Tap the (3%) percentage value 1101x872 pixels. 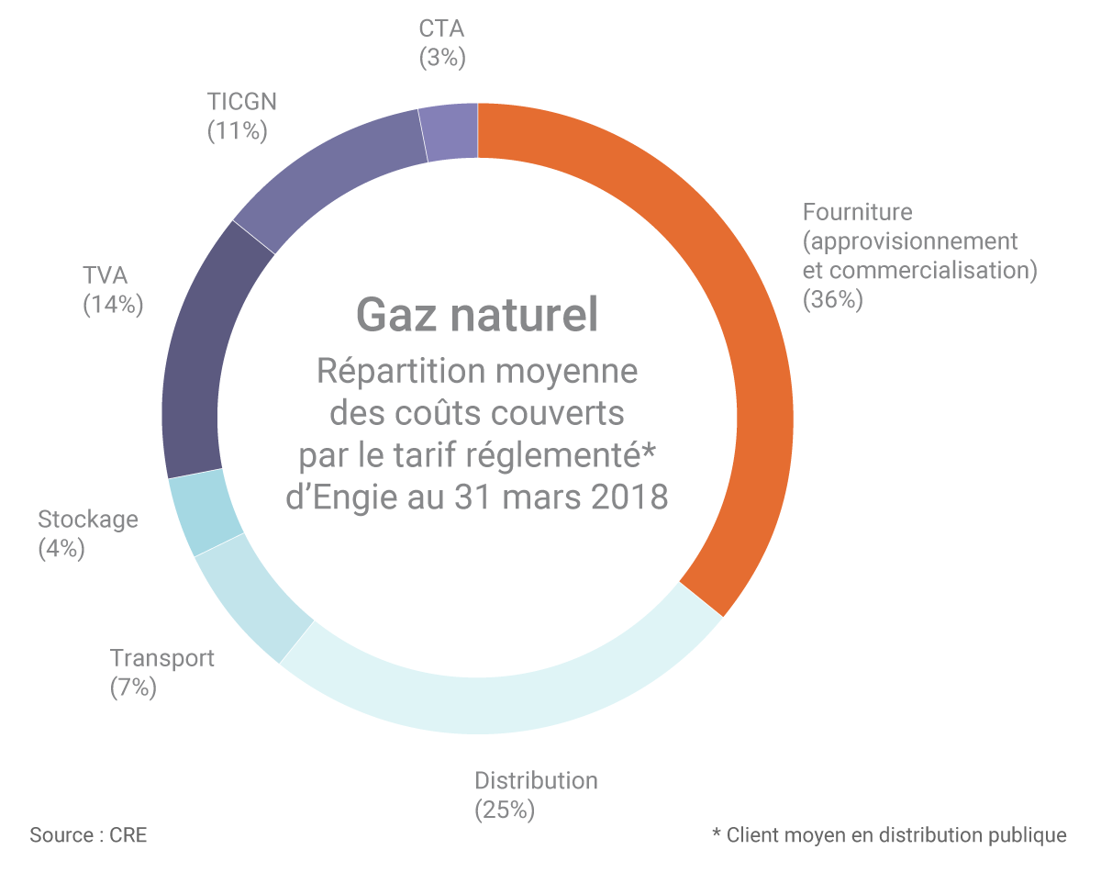tap(442, 58)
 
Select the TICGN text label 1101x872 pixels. tap(241, 100)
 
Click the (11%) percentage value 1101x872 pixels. tap(237, 130)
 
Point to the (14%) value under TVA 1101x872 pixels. tap(113, 305)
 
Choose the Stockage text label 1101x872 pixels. tap(88, 520)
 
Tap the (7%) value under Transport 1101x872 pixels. tap(133, 688)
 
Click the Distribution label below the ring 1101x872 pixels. tap(536, 781)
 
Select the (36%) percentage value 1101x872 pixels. tap(832, 300)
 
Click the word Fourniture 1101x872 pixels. tap(857, 212)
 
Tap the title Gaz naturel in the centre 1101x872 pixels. tap(477, 315)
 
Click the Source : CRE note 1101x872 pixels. tap(88, 835)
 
